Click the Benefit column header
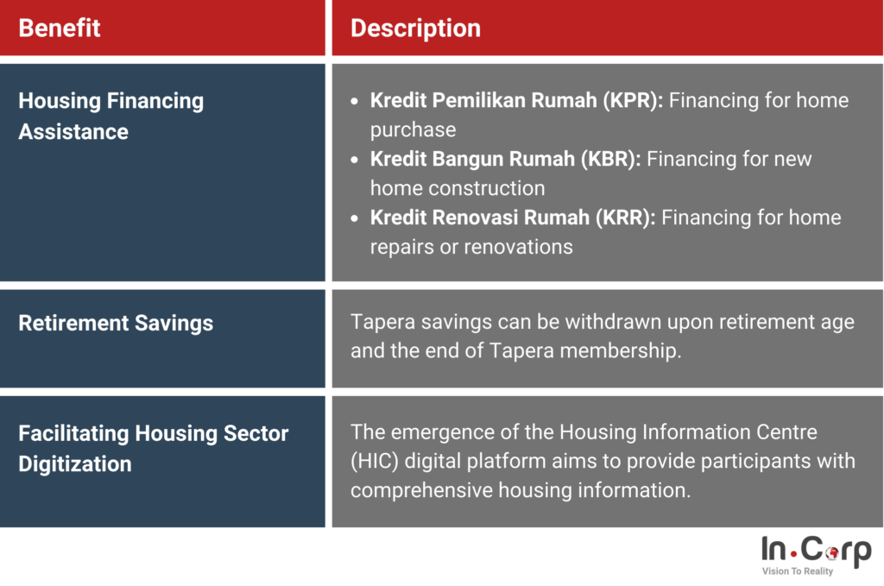60,28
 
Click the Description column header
415,28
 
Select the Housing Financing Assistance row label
110,116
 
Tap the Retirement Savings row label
116,323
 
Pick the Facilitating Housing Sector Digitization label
153,448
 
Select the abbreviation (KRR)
625,217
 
